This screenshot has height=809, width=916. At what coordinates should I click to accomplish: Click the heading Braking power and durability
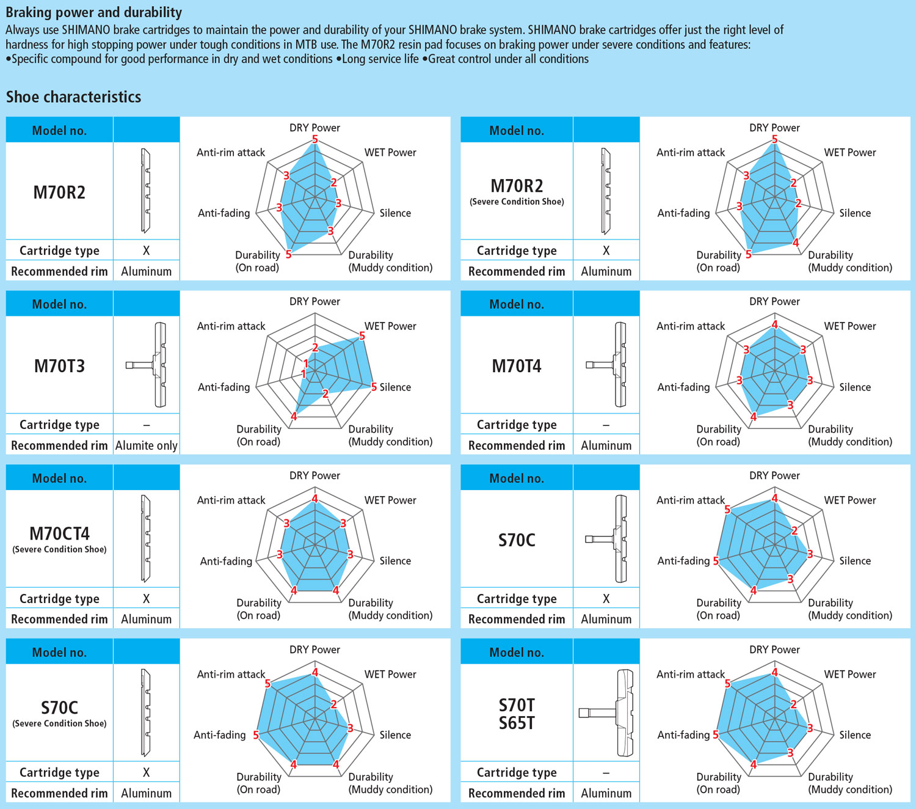[x=94, y=12]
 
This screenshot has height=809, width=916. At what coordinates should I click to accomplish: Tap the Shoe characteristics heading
[x=73, y=97]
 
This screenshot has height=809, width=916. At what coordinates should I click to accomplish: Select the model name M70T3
[x=59, y=366]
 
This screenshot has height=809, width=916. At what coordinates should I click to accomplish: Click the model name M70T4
[x=517, y=366]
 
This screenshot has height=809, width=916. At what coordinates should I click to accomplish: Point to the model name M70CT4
[x=59, y=533]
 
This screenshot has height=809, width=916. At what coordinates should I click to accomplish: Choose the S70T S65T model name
[x=517, y=714]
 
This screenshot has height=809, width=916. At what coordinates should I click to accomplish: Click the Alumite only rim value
[x=147, y=445]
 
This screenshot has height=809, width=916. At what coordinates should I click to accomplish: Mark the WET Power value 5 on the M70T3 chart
[x=362, y=336]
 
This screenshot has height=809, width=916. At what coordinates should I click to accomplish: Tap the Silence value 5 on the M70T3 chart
[x=374, y=387]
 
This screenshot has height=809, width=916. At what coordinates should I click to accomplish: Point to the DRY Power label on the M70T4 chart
[x=774, y=301]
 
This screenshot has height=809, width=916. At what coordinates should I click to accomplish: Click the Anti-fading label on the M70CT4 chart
[x=226, y=561]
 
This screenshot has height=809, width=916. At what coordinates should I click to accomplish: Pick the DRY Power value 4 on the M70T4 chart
[x=774, y=324]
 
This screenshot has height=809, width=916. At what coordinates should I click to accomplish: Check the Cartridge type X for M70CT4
[x=146, y=599]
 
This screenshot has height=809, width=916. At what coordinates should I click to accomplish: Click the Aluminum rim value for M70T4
[x=606, y=445]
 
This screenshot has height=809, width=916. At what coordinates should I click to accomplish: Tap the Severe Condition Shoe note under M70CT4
[x=59, y=549]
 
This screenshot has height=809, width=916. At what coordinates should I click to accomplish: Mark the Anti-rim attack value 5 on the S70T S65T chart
[x=727, y=683]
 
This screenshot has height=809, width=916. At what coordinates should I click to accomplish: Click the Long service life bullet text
[x=380, y=59]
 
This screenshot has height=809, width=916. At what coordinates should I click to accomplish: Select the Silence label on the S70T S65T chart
[x=854, y=734]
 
